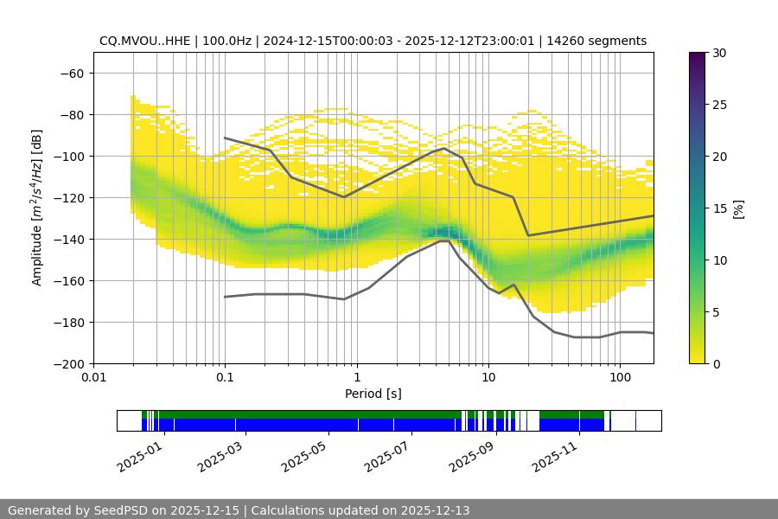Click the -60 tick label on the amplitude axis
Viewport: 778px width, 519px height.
coord(73,73)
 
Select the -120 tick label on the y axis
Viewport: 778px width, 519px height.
coord(69,197)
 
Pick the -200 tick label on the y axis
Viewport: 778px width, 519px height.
coord(69,363)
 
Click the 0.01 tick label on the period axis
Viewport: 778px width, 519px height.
coord(93,378)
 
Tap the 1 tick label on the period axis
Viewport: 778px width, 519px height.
coord(356,378)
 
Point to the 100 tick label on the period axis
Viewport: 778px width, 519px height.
coord(619,378)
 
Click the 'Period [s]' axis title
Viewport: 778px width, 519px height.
coord(373,394)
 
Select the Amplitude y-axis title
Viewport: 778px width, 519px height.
coord(37,208)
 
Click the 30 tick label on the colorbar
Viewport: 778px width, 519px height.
coord(718,53)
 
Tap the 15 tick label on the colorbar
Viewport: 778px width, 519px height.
coord(718,208)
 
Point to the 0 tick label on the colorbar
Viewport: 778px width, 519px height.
coord(715,363)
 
